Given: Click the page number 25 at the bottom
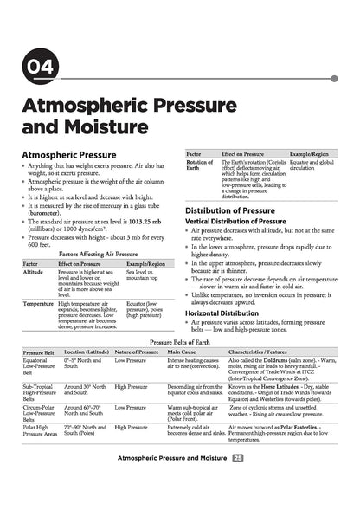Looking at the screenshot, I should [237, 480].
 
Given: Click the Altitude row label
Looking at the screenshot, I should [34, 272].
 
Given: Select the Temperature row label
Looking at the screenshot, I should [38, 304].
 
